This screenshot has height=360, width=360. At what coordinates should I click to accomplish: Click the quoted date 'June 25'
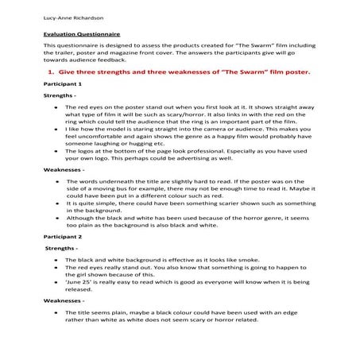[81, 282]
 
